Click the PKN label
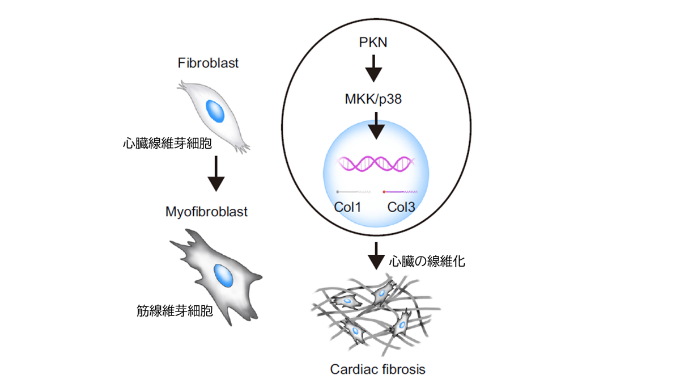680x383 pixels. (373, 43)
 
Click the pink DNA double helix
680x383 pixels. (374, 163)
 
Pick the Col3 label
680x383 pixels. (401, 207)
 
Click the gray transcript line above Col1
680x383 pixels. (354, 192)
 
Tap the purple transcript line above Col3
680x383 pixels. (402, 192)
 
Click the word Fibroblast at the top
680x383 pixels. (209, 63)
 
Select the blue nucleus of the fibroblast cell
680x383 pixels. (215, 111)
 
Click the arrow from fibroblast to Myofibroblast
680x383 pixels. (216, 174)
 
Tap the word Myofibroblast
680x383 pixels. (206, 212)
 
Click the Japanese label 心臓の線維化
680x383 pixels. (427, 261)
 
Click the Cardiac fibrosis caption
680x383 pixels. (377, 369)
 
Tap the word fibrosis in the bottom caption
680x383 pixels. (403, 369)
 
